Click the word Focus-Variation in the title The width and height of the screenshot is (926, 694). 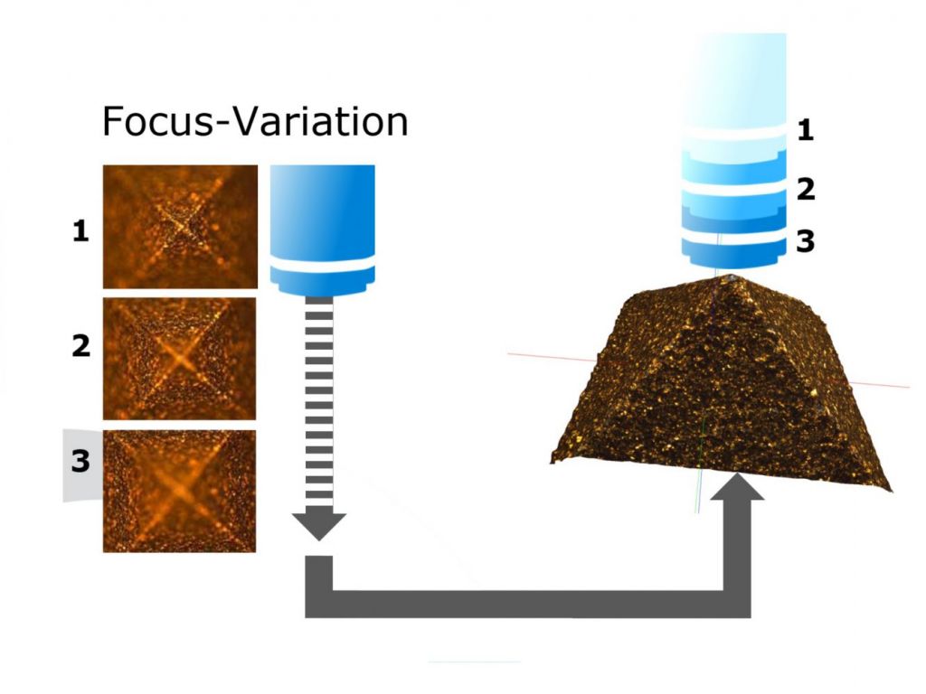[x=254, y=121]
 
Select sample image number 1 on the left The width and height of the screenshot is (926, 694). [x=180, y=226]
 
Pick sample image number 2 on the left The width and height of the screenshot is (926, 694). [x=180, y=358]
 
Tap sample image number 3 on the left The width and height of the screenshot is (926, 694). [x=179, y=490]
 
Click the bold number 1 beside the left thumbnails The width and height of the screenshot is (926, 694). [x=81, y=232]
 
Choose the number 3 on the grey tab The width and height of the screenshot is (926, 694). [x=80, y=462]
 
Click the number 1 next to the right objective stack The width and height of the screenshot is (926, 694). [x=805, y=132]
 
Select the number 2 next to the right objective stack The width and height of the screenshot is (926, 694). [x=805, y=190]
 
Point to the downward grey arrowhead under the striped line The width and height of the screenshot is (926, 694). [x=319, y=525]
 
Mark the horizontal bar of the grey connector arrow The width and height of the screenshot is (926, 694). [x=524, y=604]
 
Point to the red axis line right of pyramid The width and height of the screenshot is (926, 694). [x=882, y=384]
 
